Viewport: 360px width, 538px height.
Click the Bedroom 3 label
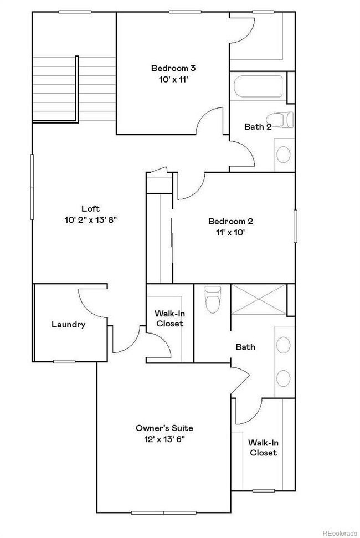pyautogui.click(x=173, y=68)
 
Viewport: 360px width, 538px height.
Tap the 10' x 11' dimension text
pyautogui.click(x=173, y=79)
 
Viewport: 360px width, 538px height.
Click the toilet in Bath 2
pyautogui.click(x=281, y=119)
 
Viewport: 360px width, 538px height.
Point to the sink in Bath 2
pyautogui.click(x=284, y=153)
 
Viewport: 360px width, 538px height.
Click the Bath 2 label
pyautogui.click(x=258, y=127)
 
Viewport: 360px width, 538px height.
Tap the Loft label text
pyautogui.click(x=90, y=209)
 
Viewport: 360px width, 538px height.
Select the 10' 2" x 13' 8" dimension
pyautogui.click(x=90, y=219)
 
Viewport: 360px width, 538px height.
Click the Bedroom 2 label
pyautogui.click(x=231, y=222)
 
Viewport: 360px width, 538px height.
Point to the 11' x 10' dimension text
pyautogui.click(x=231, y=233)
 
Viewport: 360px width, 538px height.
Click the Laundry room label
pyautogui.click(x=68, y=325)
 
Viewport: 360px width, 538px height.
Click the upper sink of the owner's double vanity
pyautogui.click(x=284, y=345)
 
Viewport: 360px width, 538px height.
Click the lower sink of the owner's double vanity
pyautogui.click(x=284, y=378)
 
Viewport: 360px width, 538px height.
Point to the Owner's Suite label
pyautogui.click(x=164, y=428)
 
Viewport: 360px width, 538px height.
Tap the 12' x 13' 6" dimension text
pyautogui.click(x=164, y=439)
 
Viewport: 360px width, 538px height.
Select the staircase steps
pyautogui.click(x=54, y=88)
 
